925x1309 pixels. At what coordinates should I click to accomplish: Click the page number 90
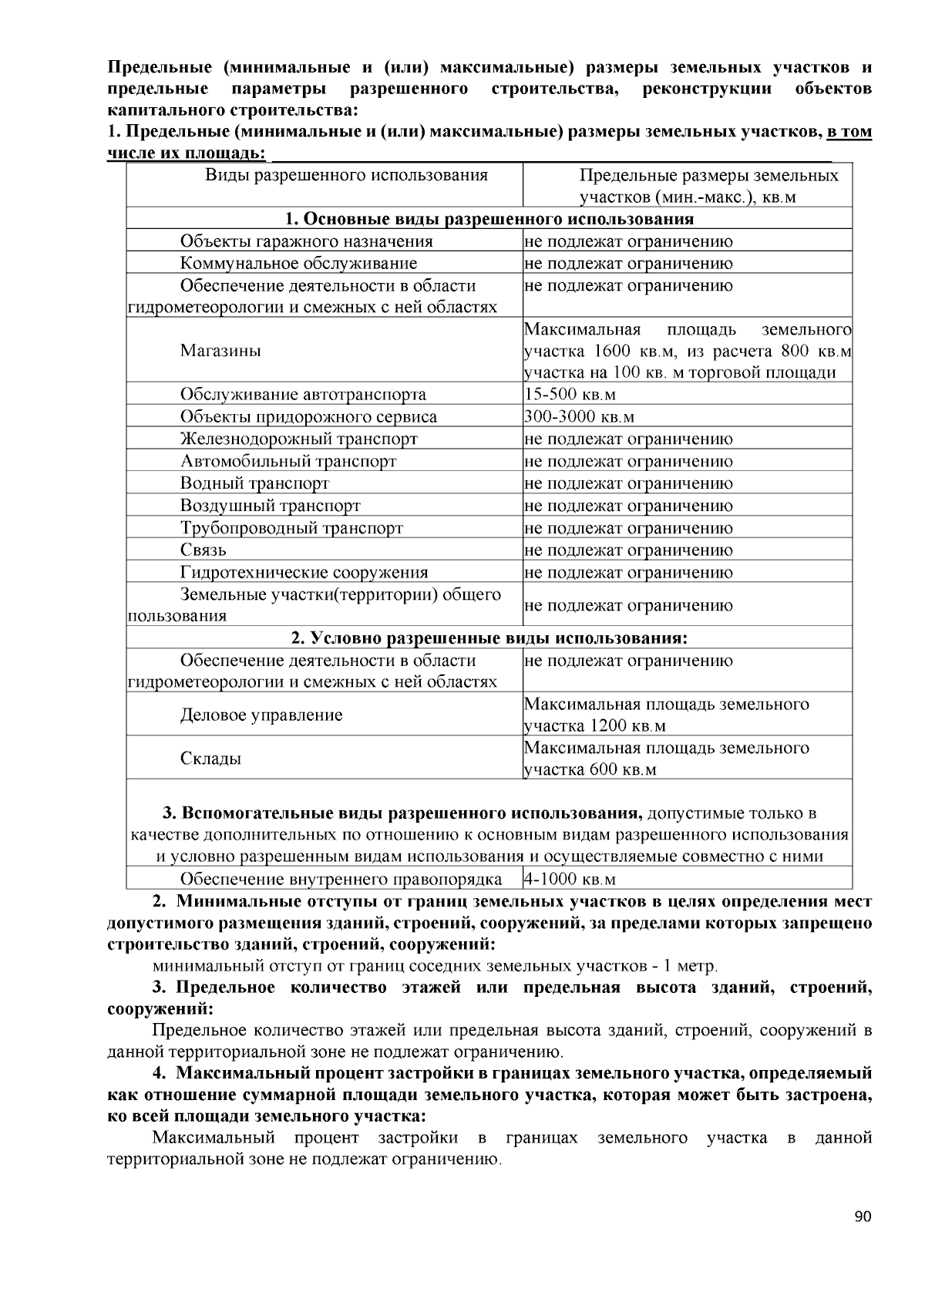point(863,1218)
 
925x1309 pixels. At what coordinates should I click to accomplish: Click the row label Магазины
point(220,351)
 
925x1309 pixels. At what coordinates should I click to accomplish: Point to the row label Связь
point(203,550)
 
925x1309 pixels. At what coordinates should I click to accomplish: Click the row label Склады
point(210,759)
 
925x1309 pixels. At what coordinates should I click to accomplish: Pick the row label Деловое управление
point(261,715)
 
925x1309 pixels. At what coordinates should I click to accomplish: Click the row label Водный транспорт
point(254,483)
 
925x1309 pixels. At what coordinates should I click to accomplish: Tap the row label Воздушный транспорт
point(270,506)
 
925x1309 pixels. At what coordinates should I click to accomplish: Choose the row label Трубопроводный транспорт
point(291,528)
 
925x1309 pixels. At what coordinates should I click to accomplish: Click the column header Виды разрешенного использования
point(346,175)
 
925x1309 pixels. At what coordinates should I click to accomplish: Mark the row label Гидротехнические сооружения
point(304,573)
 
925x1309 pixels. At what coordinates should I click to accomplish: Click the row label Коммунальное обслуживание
point(298,264)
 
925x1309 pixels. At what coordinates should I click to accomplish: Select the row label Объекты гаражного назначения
point(306,241)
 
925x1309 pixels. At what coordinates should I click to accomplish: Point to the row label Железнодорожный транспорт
point(298,439)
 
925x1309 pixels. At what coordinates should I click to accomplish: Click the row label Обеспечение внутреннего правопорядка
point(341,880)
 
